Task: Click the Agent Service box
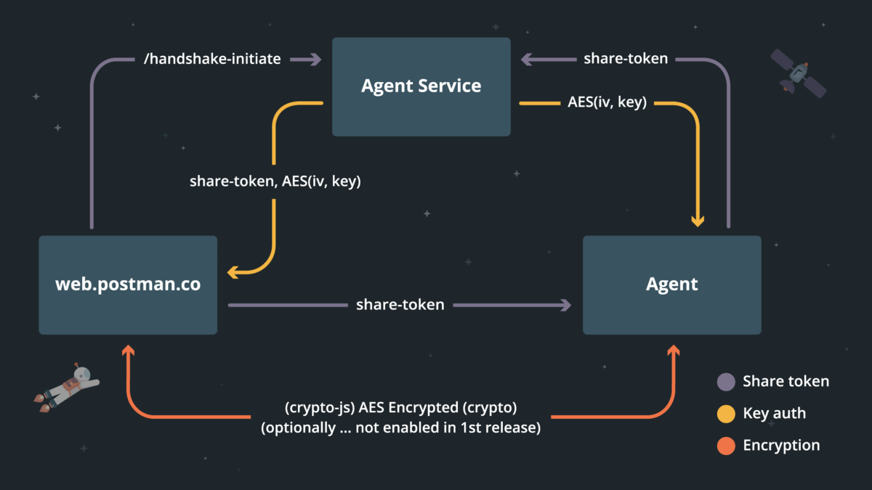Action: (421, 86)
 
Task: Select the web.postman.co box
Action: (128, 285)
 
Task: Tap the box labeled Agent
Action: (672, 285)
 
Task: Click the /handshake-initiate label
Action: (213, 60)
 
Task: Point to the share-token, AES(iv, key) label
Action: (275, 181)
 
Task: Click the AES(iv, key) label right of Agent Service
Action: (607, 103)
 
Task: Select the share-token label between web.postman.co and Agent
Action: (400, 305)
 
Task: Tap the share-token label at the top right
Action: (626, 59)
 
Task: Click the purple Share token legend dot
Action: (726, 382)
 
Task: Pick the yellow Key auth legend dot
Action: (726, 414)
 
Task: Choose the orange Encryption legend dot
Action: (726, 446)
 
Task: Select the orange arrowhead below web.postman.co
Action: (129, 352)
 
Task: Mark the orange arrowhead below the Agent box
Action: (673, 352)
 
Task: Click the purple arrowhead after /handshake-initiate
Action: (315, 60)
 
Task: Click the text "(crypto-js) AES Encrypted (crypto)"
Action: (400, 407)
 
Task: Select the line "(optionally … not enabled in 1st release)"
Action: (400, 428)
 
